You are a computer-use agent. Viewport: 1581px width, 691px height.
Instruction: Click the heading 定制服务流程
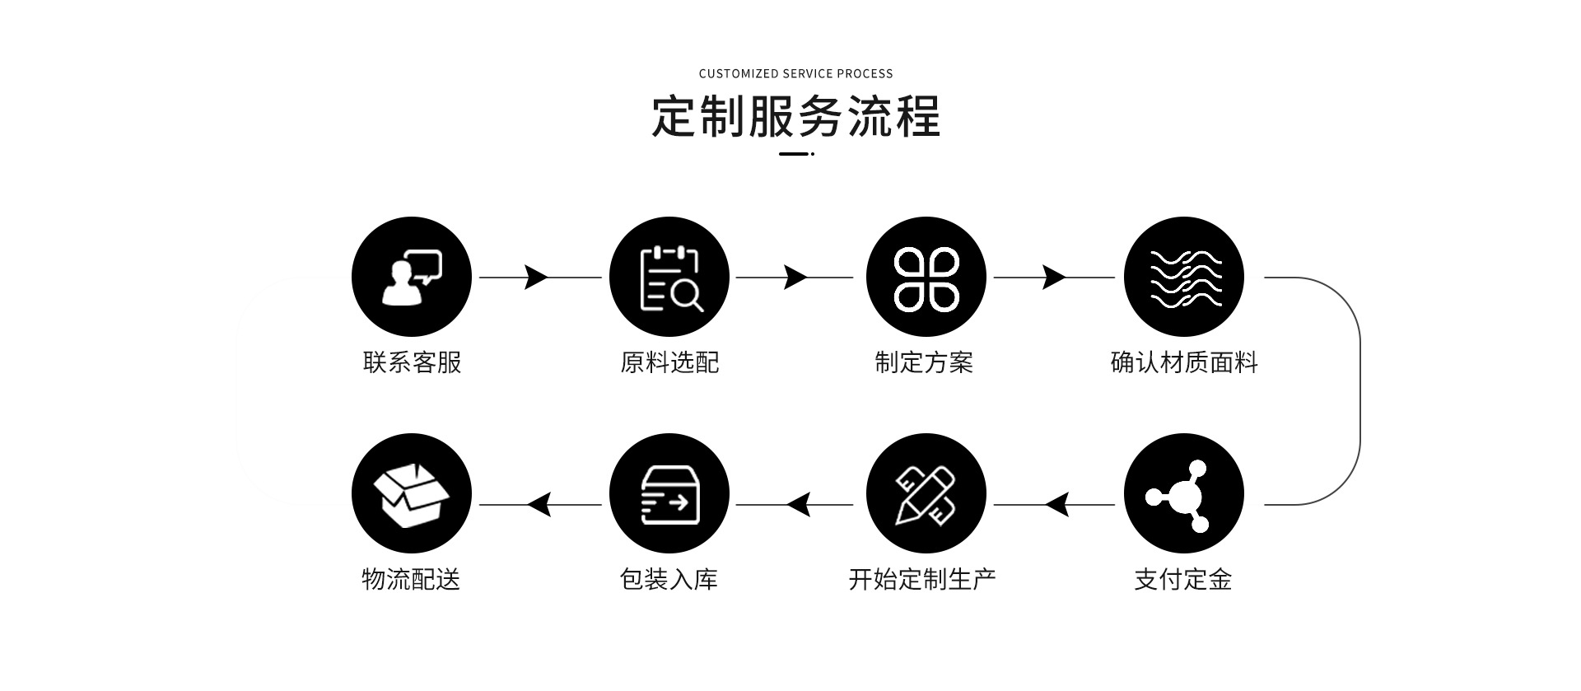[795, 116]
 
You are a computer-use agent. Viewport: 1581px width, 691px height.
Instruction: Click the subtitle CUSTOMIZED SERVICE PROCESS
[795, 73]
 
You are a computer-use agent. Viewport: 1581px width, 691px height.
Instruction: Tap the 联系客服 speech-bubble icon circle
[412, 277]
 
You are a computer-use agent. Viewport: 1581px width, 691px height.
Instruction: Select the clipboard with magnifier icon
[669, 277]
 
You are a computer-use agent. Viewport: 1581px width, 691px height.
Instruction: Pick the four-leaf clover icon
[926, 277]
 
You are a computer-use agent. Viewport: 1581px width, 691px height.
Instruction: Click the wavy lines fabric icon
[1184, 277]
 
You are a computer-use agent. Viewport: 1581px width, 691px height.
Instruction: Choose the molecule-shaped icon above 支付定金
[1184, 494]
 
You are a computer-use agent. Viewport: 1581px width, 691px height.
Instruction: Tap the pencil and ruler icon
[926, 494]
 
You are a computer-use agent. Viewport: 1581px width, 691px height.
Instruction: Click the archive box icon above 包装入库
[669, 494]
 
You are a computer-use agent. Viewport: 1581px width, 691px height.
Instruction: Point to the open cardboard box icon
[412, 494]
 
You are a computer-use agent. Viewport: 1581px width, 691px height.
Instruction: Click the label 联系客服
[412, 362]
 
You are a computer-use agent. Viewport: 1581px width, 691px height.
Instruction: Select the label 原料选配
[669, 362]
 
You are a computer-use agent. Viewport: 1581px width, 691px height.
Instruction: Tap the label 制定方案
[924, 362]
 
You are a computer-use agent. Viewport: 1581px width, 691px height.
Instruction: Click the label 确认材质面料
[1184, 362]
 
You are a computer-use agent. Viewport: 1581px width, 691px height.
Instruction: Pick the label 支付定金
[1183, 580]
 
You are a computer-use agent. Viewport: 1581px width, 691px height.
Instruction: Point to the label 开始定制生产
[922, 580]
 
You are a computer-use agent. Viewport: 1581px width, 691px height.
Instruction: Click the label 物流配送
[411, 580]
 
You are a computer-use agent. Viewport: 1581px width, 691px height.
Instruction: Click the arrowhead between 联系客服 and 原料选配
[536, 278]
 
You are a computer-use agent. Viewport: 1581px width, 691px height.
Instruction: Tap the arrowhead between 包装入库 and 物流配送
[539, 504]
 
